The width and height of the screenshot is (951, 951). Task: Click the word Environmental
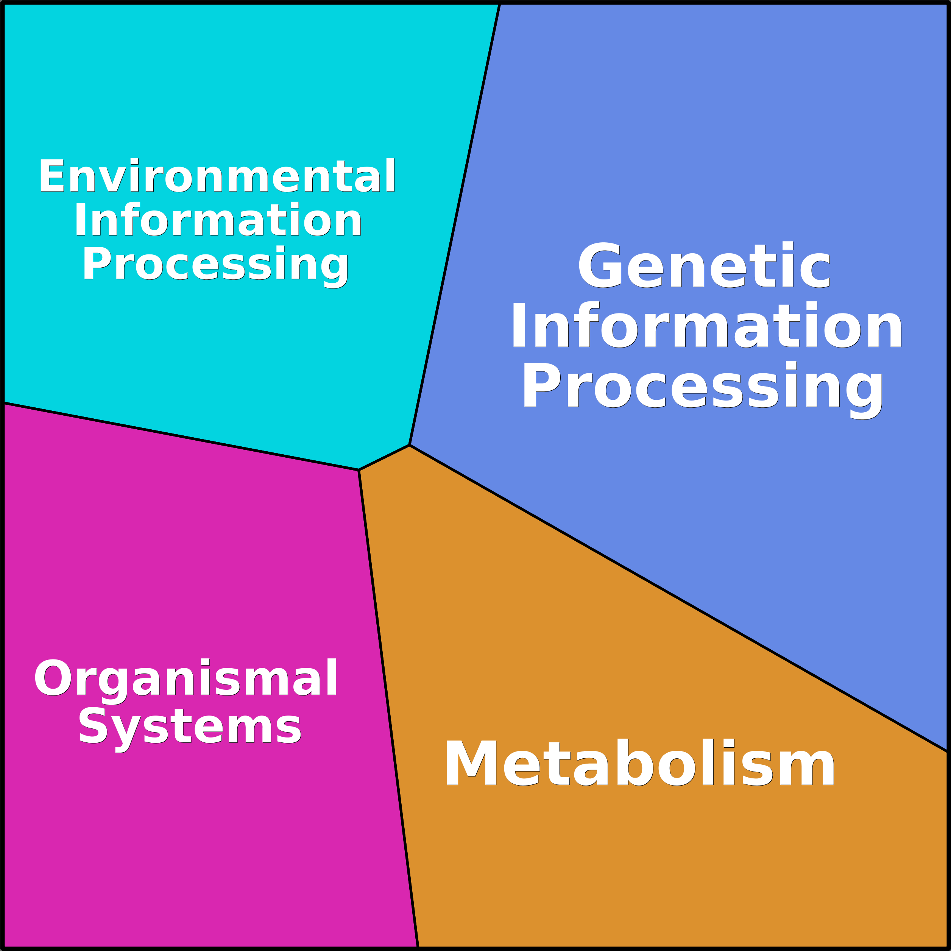pos(217,176)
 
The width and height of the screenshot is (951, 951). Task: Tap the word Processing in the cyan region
pos(215,266)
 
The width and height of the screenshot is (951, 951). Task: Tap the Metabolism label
pos(639,762)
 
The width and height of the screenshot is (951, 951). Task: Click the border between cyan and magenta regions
pos(181,436)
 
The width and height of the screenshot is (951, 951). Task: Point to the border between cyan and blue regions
pos(454,224)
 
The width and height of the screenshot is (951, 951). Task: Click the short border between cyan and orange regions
pos(384,457)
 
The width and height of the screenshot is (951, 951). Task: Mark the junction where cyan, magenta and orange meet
pos(359,470)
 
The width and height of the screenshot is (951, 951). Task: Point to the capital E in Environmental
pos(52,175)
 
